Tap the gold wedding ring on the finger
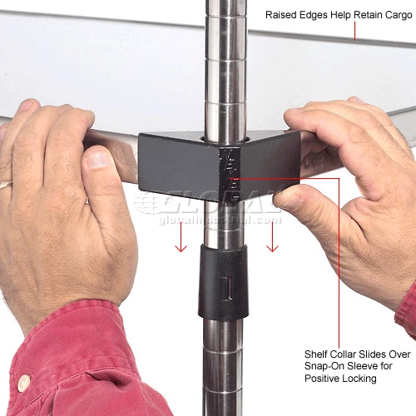point(6,185)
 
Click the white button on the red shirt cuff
point(24,383)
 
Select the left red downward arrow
point(181,237)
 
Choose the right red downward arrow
point(272,237)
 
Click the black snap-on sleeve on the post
point(223,281)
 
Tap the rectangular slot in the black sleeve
point(225,288)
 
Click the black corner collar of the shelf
point(219,166)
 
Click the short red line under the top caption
point(355,31)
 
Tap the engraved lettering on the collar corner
point(230,174)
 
